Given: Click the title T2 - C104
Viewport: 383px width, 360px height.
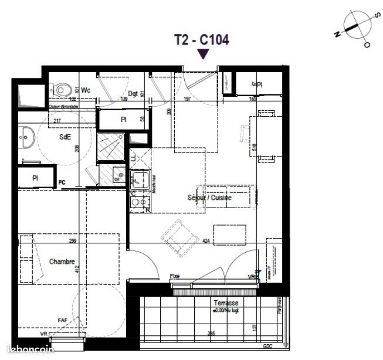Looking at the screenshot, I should coord(201,40).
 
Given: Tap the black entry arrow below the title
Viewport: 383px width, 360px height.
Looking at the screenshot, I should coord(203,54).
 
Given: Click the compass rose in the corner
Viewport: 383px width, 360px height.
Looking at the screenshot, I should coord(353,27).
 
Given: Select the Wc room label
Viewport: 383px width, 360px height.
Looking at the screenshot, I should coord(86,90).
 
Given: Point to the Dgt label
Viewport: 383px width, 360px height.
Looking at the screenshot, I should coord(133,94).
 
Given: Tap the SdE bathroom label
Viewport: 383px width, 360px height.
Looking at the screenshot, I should coord(65,137).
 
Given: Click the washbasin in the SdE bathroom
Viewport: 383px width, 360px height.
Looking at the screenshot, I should coord(26,138).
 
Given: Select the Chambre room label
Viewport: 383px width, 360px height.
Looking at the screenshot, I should coord(62,261).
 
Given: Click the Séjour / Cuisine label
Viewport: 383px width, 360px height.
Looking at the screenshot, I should coord(210,198).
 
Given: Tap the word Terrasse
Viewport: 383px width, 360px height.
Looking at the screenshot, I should coord(226,303).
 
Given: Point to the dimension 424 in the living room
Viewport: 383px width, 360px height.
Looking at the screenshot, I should coord(206,240).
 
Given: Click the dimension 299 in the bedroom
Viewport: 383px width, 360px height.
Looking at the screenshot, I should coord(73,241).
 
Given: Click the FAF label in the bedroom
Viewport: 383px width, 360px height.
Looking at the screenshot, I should coord(62,320).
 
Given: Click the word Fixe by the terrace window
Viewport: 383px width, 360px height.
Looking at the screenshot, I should coord(174,276).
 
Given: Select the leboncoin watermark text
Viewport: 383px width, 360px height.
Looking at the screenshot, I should coord(23,350).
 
